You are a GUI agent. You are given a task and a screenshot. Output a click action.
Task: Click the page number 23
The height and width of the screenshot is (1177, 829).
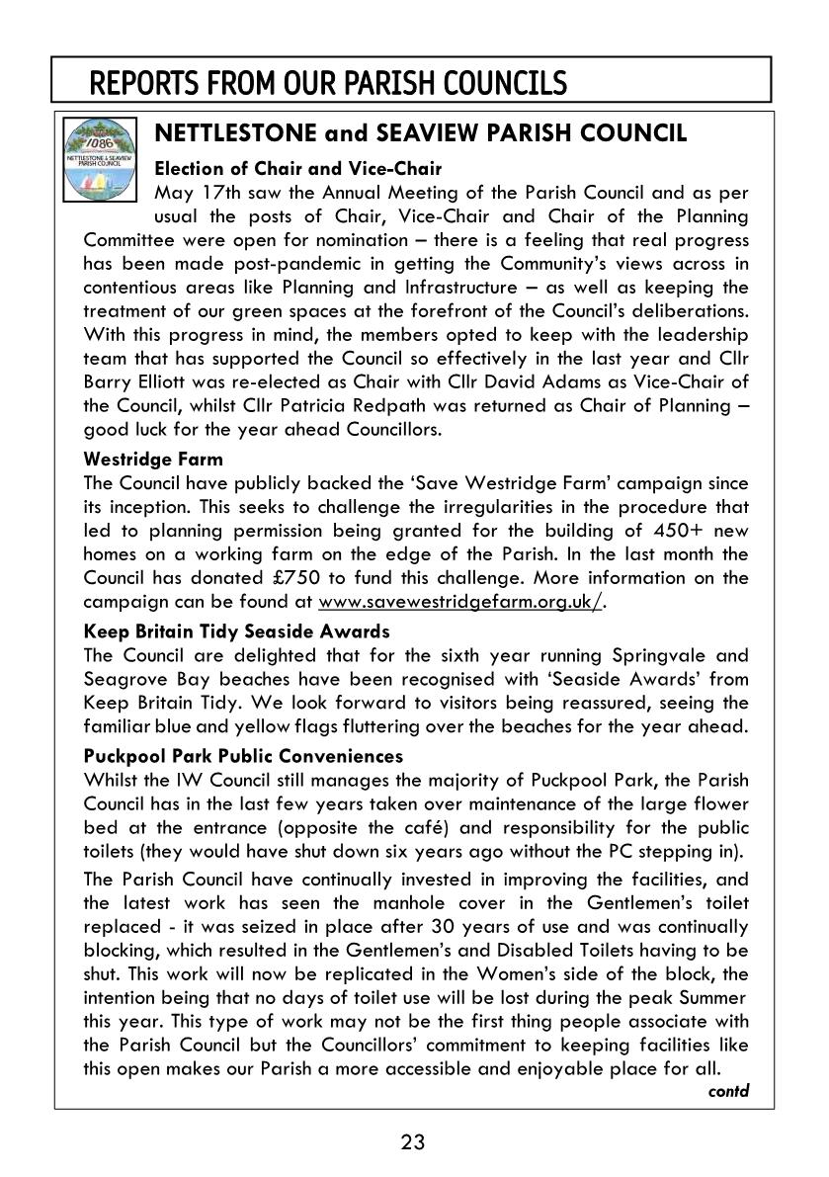(x=413, y=1142)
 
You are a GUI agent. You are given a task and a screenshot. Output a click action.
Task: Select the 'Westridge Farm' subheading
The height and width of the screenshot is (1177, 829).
(x=153, y=459)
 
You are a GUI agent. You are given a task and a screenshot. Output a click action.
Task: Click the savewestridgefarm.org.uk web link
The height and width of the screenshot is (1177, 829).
(x=459, y=602)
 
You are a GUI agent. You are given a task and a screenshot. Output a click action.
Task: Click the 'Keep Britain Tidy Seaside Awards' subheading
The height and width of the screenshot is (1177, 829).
(x=237, y=631)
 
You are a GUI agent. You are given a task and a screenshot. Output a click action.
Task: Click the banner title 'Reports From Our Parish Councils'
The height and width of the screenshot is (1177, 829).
(x=328, y=83)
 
